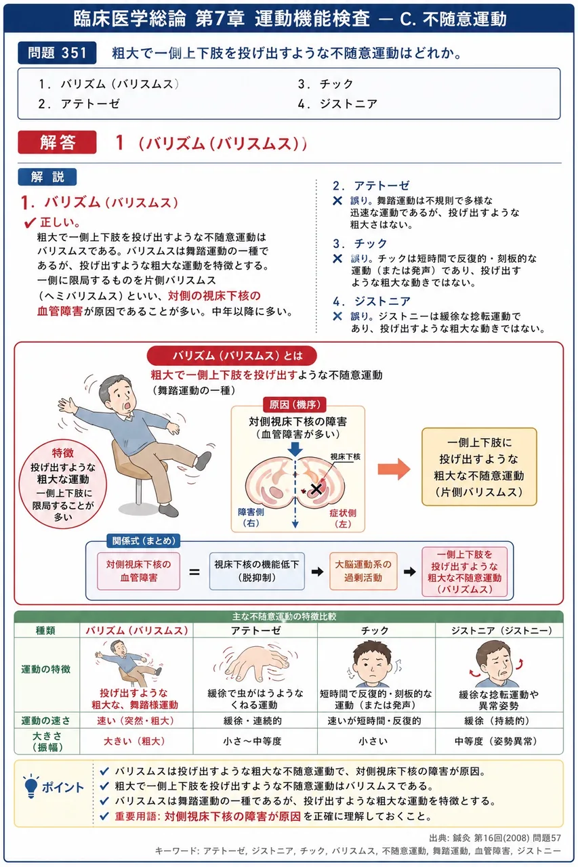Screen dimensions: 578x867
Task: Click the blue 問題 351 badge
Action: pos(57,53)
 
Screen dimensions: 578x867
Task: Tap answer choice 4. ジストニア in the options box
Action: pos(337,104)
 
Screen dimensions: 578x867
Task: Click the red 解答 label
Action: pos(57,142)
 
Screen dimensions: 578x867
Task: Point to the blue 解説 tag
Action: pos(47,177)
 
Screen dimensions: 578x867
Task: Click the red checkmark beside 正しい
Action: pos(30,223)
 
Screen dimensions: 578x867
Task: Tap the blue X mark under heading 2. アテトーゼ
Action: pos(337,200)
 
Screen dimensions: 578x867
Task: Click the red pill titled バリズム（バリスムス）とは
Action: pos(232,356)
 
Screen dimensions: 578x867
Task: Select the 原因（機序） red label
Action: pos(295,405)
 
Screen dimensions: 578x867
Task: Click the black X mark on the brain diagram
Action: pos(316,489)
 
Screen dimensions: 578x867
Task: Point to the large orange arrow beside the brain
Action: pos(394,469)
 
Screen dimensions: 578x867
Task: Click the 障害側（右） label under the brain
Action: pos(251,517)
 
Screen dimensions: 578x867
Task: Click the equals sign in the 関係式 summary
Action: pos(194,572)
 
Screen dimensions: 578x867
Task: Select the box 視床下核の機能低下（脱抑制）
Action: pos(257,571)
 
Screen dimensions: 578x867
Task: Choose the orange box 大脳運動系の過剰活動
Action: pos(363,571)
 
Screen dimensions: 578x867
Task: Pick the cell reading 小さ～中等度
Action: pos(252,741)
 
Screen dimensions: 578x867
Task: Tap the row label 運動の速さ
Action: pos(45,720)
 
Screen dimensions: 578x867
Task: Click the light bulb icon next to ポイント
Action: pos(30,787)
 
